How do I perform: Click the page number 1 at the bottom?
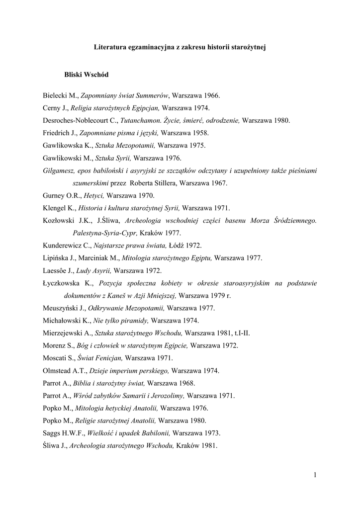point(315,475)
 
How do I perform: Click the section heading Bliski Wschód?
point(86,74)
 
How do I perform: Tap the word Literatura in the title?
point(110,48)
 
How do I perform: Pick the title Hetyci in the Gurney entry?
point(93,195)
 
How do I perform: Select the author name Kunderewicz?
point(63,246)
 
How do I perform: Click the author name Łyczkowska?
point(63,283)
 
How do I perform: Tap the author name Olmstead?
point(58,371)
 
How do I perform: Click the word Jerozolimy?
point(168,396)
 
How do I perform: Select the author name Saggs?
point(52,433)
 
